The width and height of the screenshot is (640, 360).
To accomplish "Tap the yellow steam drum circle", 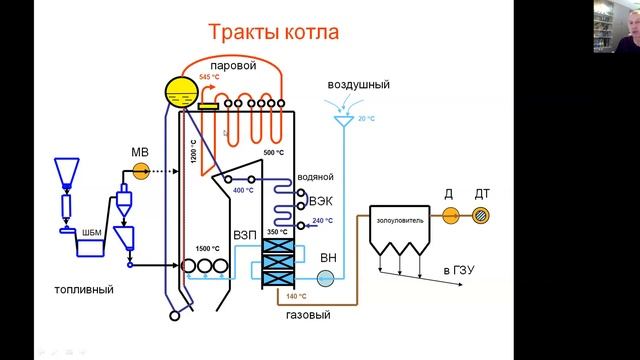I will (x=182, y=94).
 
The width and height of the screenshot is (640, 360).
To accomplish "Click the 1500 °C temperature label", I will (x=208, y=248).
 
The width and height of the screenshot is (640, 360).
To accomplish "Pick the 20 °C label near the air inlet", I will (x=367, y=118).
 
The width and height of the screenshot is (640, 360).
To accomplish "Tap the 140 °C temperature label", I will (x=296, y=297).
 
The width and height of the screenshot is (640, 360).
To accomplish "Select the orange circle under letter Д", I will (x=450, y=214).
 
